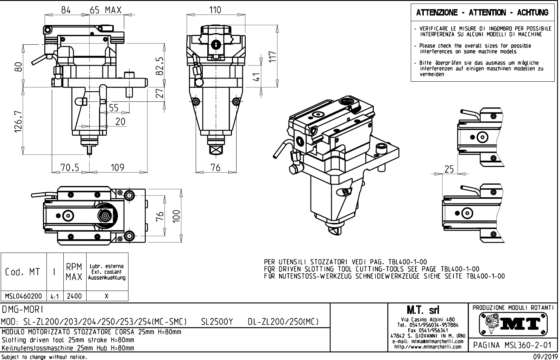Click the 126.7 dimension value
[18, 123]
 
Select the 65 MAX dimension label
[106, 10]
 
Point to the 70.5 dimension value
[69, 167]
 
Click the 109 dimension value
[117, 167]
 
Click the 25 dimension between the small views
[449, 169]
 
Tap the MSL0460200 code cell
[24, 296]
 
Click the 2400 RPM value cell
[75, 296]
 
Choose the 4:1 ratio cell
[55, 297]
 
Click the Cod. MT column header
[23, 272]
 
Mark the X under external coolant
[107, 296]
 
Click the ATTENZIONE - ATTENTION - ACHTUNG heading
[482, 13]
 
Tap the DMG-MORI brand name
[23, 310]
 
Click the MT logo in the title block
[513, 324]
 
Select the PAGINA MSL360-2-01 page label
[513, 345]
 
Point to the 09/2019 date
[544, 357]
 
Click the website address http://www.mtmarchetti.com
[427, 347]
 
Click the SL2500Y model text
[217, 322]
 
